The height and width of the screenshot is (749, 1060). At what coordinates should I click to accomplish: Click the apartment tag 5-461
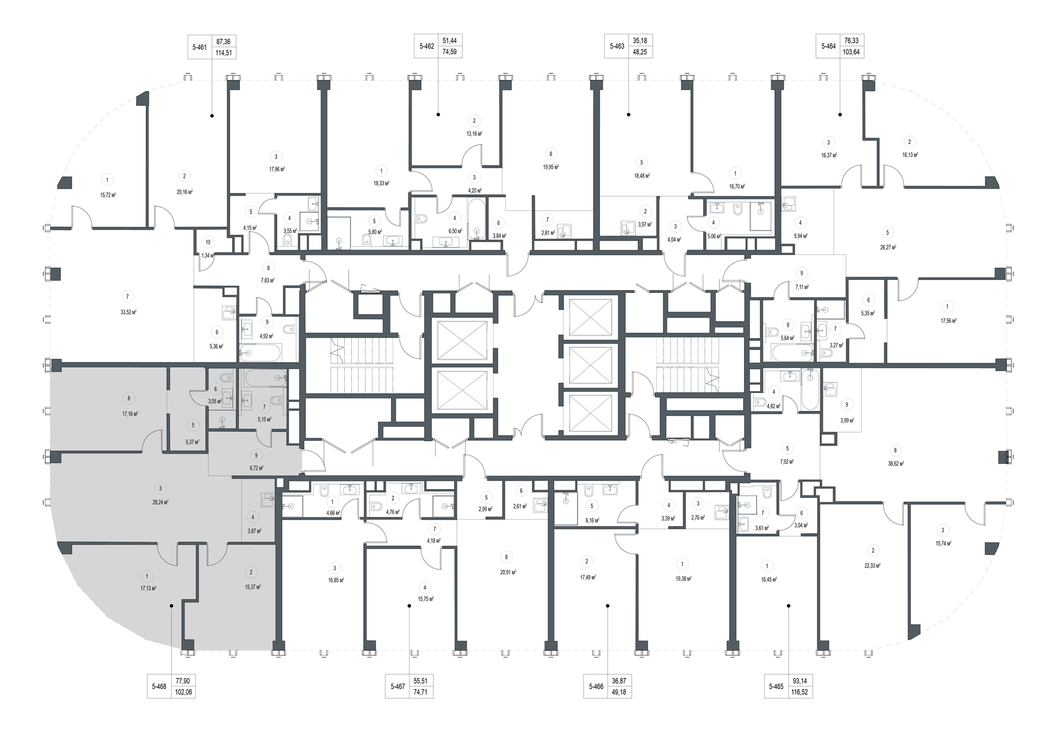point(200,47)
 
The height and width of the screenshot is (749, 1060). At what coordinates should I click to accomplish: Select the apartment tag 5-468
point(159,686)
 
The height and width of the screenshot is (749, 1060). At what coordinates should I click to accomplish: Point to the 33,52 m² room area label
point(128,313)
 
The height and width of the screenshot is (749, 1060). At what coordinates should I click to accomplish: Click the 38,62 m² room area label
point(895,464)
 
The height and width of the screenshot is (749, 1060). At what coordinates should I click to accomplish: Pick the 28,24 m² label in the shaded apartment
point(160,503)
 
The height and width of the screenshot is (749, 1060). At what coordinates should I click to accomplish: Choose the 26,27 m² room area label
point(888,247)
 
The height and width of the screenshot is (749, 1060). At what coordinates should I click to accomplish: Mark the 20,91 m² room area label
point(507,572)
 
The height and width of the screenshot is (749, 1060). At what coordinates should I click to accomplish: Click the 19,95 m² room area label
point(551,167)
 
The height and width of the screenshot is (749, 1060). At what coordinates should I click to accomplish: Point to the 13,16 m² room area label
point(474,134)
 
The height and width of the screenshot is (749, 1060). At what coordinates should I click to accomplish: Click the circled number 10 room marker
point(208,242)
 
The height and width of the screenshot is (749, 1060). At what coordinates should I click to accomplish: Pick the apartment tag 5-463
point(617,47)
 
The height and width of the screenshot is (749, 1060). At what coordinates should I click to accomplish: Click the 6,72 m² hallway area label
point(256,468)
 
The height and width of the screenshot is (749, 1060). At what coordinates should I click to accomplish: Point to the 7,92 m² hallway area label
point(786,462)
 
